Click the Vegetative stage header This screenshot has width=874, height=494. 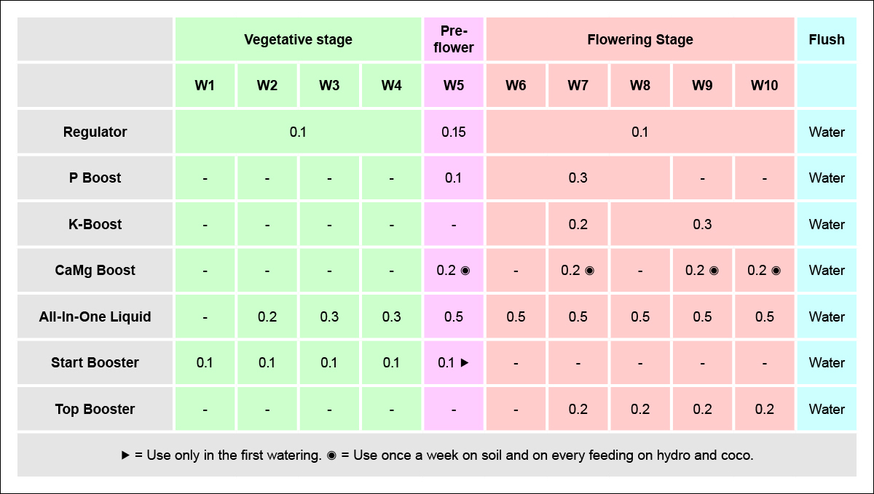[298, 39]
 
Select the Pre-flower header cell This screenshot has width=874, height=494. [453, 39]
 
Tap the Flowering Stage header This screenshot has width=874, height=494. [639, 39]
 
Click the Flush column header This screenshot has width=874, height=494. [827, 39]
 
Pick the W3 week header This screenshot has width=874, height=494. [329, 86]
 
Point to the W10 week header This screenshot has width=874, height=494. [764, 86]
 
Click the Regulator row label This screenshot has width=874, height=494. [95, 132]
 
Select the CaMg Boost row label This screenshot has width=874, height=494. [95, 270]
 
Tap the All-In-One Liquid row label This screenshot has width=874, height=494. [95, 316]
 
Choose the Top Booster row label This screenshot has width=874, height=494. [95, 409]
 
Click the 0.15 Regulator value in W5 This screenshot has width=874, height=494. [453, 132]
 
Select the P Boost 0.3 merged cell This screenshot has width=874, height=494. [578, 178]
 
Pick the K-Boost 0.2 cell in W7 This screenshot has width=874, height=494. [578, 224]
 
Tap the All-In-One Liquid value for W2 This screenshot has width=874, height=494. [267, 316]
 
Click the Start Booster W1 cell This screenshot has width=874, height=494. [205, 362]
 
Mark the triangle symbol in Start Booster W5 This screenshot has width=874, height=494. [464, 363]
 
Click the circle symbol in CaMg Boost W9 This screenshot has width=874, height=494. [714, 271]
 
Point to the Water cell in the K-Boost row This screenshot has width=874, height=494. [827, 224]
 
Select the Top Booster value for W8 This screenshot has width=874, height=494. [640, 409]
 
